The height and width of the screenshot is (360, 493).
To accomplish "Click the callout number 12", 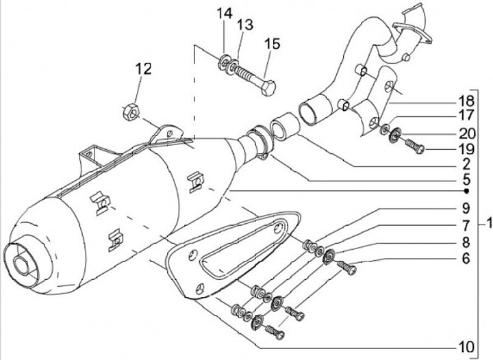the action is tap(144, 69).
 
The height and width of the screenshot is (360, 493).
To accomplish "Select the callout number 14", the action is tap(225, 14).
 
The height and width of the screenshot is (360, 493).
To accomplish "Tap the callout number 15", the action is tap(273, 44).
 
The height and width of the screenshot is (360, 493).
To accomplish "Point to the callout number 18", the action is tap(466, 101).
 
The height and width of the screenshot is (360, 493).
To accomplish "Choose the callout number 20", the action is tap(467, 133).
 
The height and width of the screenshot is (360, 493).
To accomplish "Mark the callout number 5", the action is tap(466, 180).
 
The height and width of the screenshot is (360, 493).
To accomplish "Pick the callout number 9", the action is tap(466, 208).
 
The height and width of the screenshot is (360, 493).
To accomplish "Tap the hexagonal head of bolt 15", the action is tap(268, 88).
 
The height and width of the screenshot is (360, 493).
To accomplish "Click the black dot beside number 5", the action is tap(467, 191).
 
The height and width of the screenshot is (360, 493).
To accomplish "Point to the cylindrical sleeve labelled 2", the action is tap(284, 126).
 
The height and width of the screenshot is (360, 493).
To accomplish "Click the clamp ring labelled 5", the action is tap(260, 142).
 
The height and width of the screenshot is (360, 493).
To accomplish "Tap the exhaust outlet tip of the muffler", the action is tap(21, 264).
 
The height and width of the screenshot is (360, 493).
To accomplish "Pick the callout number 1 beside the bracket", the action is tap(489, 224).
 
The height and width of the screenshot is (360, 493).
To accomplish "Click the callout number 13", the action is tap(245, 25).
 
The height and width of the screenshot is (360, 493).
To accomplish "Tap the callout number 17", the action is tap(466, 115).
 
